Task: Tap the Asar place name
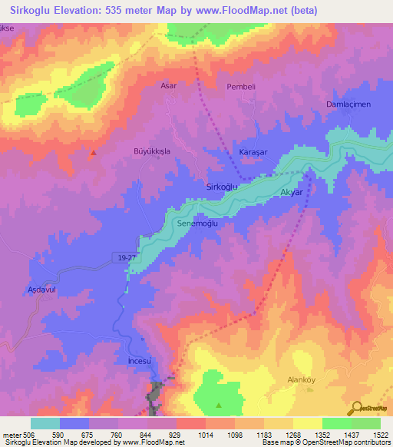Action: [x=168, y=85]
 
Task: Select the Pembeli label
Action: [x=240, y=87]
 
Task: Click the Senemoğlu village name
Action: [x=198, y=223]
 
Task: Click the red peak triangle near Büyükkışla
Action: [x=93, y=152]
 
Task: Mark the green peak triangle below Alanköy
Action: [x=219, y=404]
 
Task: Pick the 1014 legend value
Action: [x=206, y=434]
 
